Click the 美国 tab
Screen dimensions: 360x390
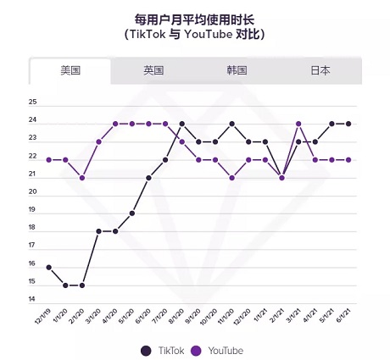coord(70,70)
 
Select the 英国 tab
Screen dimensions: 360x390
coord(153,70)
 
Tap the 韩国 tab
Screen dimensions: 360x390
coord(237,70)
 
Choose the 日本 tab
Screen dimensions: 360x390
coord(320,70)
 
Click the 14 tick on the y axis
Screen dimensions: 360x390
coord(32,300)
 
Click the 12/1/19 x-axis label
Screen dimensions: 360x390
coord(42,320)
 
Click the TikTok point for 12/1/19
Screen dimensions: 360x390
coord(49,268)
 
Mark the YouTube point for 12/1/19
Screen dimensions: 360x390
coord(49,159)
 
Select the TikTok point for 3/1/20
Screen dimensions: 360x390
coord(99,231)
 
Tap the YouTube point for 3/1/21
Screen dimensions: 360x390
coord(298,124)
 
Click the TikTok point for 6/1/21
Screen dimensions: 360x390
coord(348,124)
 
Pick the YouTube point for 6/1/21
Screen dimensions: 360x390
coord(348,159)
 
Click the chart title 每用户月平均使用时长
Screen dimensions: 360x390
coord(194,17)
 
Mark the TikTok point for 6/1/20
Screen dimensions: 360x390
coord(149,178)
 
